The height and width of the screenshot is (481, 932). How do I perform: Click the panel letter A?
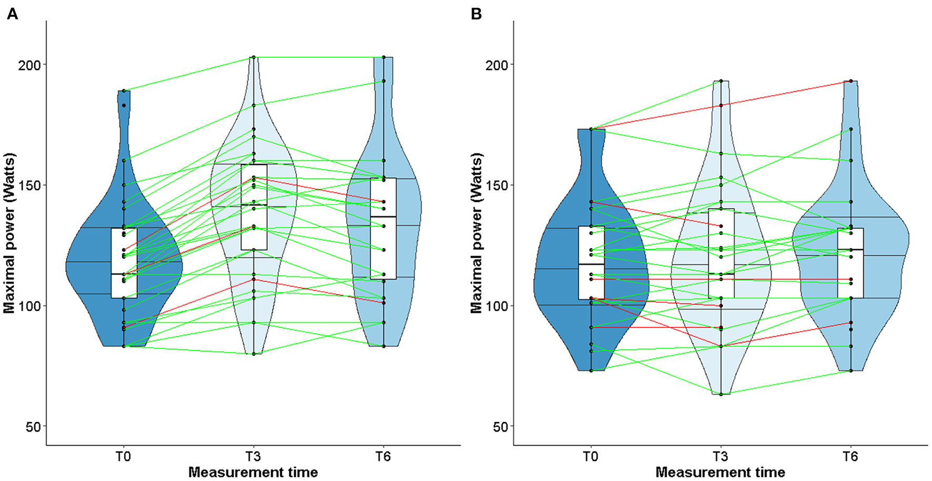[x=12, y=14]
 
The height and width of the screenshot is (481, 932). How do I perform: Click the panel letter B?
[x=476, y=14]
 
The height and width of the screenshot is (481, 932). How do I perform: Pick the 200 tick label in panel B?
[x=499, y=65]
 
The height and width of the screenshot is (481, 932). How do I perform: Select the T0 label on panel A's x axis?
[x=124, y=456]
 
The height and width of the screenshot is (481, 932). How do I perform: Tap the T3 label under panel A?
[x=254, y=456]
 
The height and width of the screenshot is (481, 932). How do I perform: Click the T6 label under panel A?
[x=383, y=456]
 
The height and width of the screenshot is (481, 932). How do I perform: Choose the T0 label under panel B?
[x=591, y=456]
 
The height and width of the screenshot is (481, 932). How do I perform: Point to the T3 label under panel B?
[x=721, y=456]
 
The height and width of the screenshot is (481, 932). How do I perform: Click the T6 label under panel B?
[x=850, y=456]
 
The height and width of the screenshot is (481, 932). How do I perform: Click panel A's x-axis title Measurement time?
[x=253, y=472]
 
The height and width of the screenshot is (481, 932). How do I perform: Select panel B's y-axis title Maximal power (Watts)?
[x=477, y=233]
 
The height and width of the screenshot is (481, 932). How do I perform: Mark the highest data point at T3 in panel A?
[x=254, y=57]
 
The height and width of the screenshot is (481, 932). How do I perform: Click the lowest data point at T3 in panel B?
[x=721, y=394]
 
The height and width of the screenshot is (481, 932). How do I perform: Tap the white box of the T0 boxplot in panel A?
[x=124, y=263]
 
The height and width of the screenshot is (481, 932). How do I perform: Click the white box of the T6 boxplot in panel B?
[x=850, y=263]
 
